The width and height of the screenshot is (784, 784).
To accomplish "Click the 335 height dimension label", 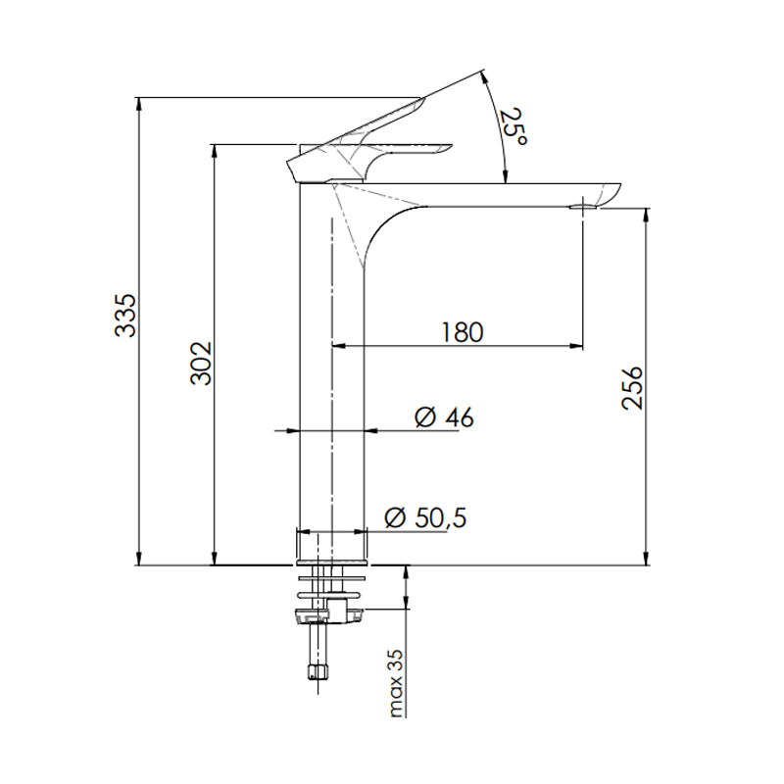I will (x=125, y=316).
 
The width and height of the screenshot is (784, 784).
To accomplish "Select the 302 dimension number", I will (x=200, y=364).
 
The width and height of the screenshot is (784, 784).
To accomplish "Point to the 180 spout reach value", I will (x=461, y=332).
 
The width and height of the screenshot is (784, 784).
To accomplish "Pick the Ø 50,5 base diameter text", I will (x=425, y=518).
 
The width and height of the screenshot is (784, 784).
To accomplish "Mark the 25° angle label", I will (x=514, y=128).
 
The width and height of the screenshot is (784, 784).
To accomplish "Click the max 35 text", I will (x=396, y=683).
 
